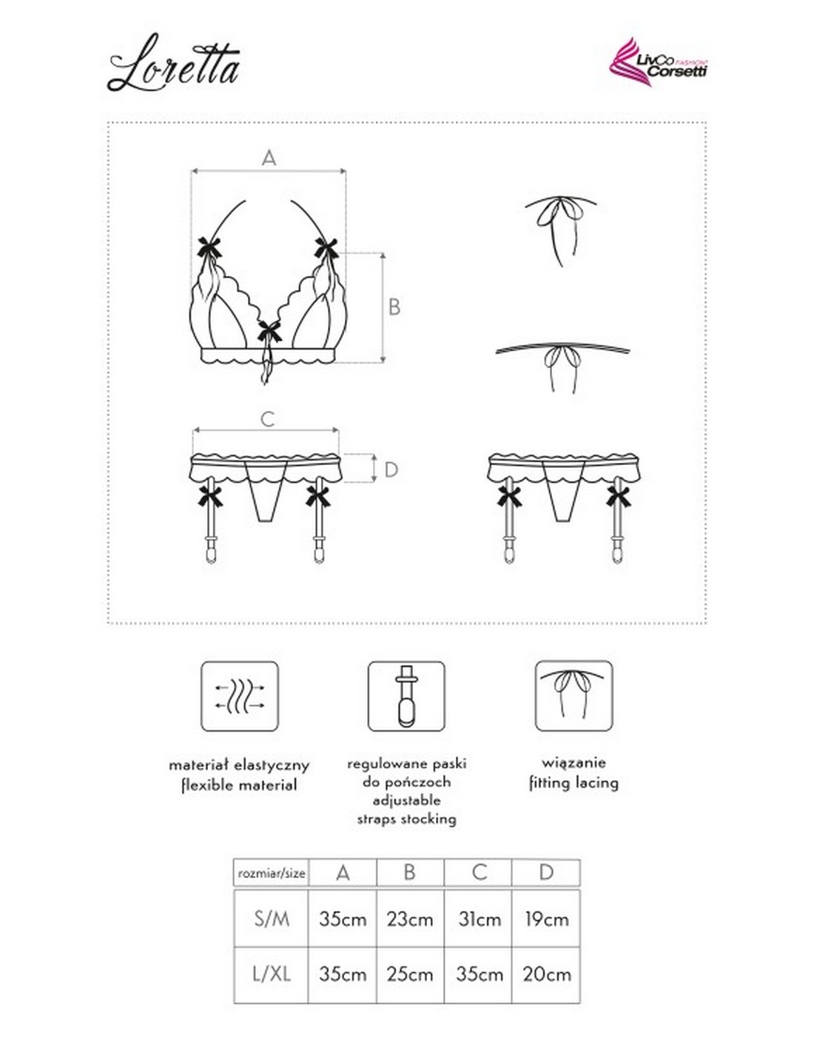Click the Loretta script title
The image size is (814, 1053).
click(175, 65)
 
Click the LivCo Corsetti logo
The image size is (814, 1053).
click(658, 62)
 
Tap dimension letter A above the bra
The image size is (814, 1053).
click(269, 158)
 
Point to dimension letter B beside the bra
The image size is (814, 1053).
click(394, 307)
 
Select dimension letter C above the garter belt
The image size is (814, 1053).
click(268, 419)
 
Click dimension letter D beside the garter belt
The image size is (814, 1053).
click(391, 469)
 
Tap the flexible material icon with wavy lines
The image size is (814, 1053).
click(240, 697)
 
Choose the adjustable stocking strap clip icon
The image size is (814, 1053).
click(406, 697)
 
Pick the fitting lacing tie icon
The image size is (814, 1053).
click(573, 696)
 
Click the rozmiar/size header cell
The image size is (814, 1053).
click(272, 874)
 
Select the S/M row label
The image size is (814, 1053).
click(272, 919)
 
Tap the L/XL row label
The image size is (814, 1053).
click(272, 974)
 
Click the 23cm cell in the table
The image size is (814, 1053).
click(410, 920)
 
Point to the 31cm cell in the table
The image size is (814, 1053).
click(479, 920)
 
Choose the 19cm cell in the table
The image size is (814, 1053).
click(546, 920)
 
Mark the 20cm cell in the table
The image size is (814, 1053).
click(546, 975)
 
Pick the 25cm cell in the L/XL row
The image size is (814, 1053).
click(410, 975)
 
